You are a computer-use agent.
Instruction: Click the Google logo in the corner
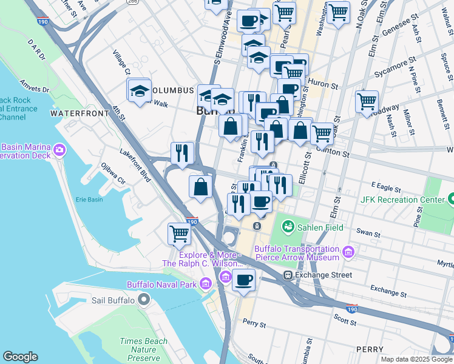coord(20,357)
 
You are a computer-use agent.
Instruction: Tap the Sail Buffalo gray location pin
coord(143,300)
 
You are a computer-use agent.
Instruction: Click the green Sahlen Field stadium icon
coord(288,227)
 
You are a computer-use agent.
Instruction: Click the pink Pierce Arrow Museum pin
coord(348,252)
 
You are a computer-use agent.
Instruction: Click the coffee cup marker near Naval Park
coord(244,280)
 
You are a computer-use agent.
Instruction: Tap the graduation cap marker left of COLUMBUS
coord(140,91)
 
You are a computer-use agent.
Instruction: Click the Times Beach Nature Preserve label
coord(144,350)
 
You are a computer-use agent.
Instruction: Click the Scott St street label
coord(344,317)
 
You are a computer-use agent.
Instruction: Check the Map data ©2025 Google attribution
coord(416,359)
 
